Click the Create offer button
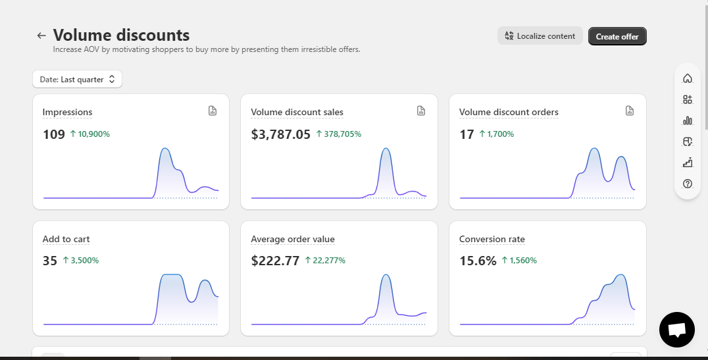[617, 36]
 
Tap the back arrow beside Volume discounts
[41, 36]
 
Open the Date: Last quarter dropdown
[77, 79]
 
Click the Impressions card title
[67, 112]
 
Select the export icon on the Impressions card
[213, 111]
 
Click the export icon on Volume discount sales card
[421, 111]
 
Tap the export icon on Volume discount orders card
[630, 111]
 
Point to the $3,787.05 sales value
[281, 134]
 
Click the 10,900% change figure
[94, 134]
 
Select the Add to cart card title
[66, 239]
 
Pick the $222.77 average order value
[275, 261]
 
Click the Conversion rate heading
[492, 239]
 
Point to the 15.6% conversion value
[478, 261]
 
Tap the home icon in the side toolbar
[687, 78]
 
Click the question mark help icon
[687, 184]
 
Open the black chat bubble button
[677, 330]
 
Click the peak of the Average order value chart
[386, 274]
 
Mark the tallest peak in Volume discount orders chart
[594, 149]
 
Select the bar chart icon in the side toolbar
[687, 120]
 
